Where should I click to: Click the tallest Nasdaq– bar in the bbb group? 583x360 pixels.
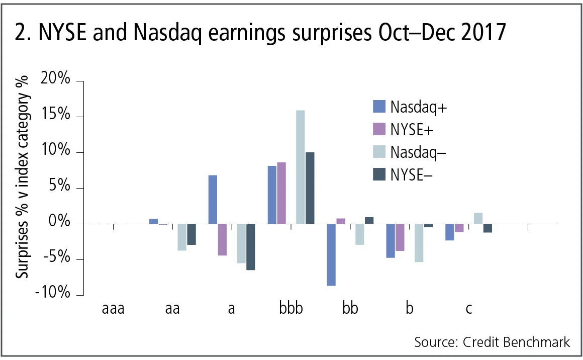pyautogui.click(x=300, y=167)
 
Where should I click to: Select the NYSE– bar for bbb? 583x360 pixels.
pyautogui.click(x=310, y=188)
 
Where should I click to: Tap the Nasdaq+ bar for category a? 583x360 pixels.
pyautogui.click(x=213, y=199)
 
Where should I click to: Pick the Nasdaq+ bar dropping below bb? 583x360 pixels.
pyautogui.click(x=331, y=254)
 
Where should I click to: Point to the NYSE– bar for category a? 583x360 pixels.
pyautogui.click(x=250, y=246)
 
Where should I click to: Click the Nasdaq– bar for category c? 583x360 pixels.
pyautogui.click(x=478, y=218)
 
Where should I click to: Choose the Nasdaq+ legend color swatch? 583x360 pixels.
pyautogui.click(x=379, y=107)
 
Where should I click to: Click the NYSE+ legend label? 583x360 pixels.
pyautogui.click(x=412, y=129)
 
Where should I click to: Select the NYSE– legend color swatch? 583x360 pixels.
pyautogui.click(x=379, y=174)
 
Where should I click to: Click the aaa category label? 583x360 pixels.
pyautogui.click(x=113, y=308)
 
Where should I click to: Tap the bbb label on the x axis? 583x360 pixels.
pyautogui.click(x=291, y=308)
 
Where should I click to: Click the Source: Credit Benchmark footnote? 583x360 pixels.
pyautogui.click(x=492, y=342)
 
